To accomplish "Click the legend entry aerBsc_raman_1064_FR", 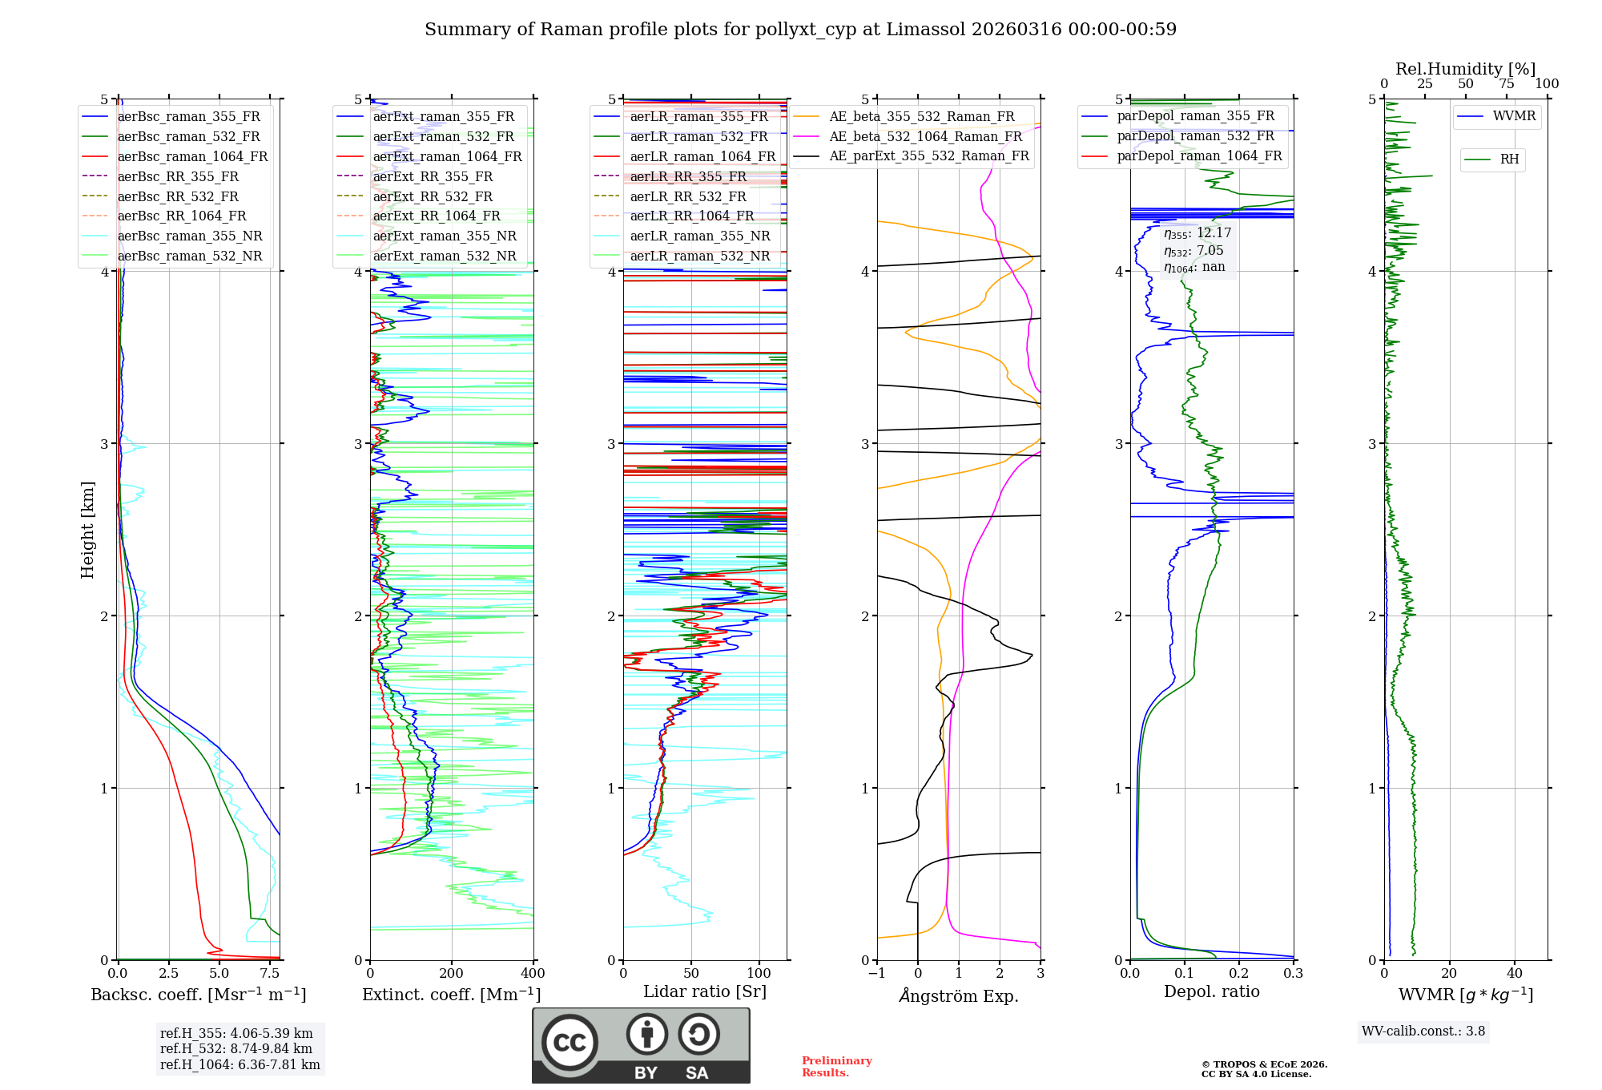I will point(192,156).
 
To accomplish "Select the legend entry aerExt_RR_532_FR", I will point(433,196).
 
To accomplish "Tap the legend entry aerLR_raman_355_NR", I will point(699,236).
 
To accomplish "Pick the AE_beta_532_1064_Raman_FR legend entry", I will point(925,136).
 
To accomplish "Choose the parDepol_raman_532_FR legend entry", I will point(1195,136).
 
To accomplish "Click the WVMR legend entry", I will point(1514,116).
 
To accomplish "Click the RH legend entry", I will point(1509,159).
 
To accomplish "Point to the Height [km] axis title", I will point(87,530).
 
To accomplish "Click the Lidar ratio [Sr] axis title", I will point(704,991).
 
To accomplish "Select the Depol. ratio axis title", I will point(1211,991).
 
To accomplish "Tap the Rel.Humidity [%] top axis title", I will point(1465,69).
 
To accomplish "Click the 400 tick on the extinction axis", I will point(533,974).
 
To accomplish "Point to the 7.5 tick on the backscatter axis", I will point(270,974).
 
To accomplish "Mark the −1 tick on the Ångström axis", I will point(876,974).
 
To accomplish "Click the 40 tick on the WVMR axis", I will point(1514,974).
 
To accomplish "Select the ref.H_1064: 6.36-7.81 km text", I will point(239,1064).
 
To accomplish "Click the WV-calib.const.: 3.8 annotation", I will point(1423,1031).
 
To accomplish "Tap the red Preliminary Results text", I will point(836,1067).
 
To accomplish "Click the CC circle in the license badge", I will point(570,1043).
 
